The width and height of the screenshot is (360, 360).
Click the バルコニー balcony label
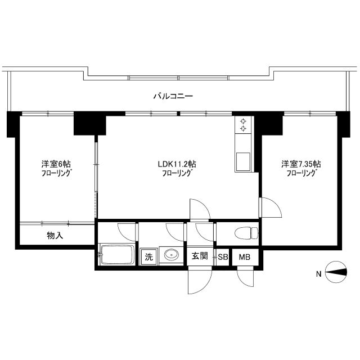click(173, 96)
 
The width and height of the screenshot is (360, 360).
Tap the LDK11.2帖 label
click(177, 164)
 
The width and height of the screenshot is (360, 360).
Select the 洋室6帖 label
click(56, 164)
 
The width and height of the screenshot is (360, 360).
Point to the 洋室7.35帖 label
click(301, 164)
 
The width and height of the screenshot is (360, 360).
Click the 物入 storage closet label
click(55, 235)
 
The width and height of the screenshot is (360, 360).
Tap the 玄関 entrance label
click(200, 256)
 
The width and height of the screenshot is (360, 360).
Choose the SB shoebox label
click(223, 257)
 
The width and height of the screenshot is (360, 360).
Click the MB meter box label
click(245, 257)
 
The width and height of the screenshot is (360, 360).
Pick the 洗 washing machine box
click(148, 256)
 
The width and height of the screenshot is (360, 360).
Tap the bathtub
click(116, 255)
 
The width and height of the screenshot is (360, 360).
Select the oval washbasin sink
click(171, 255)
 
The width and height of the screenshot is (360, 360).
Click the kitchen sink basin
click(243, 162)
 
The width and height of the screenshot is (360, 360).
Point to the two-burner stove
click(243, 124)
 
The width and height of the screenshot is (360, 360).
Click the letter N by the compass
click(319, 274)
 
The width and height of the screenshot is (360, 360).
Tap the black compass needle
click(335, 272)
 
